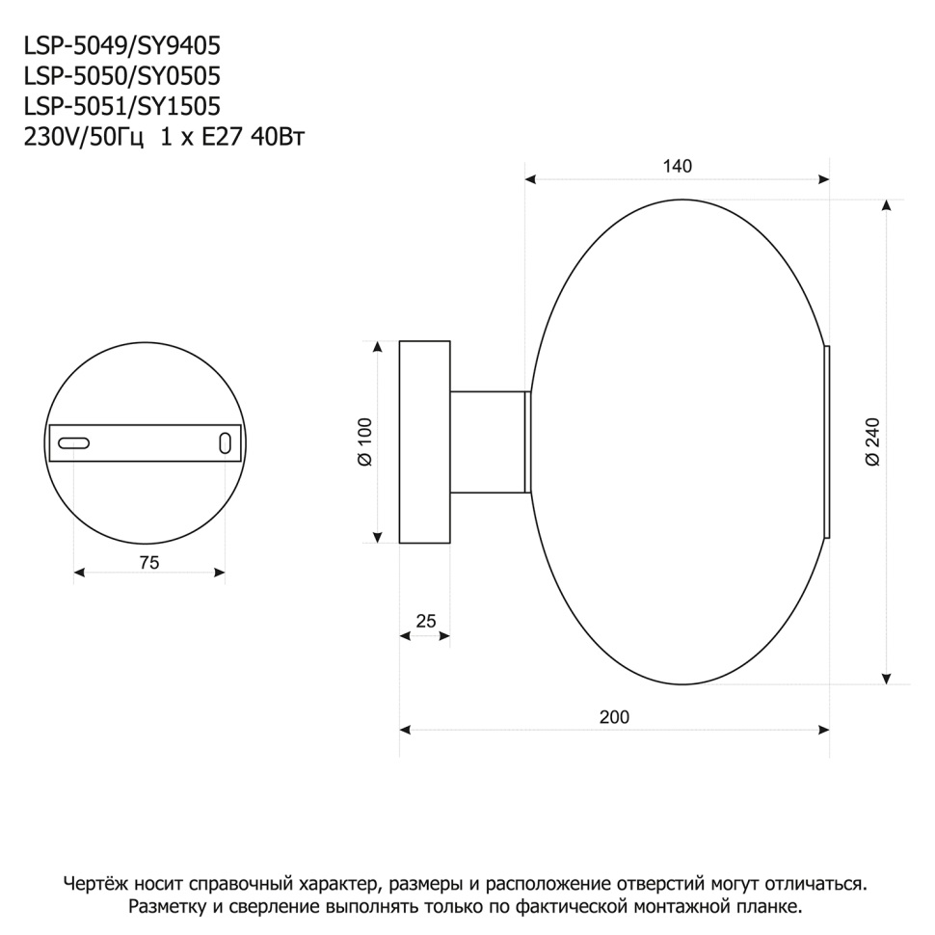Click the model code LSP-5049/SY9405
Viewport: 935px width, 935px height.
pyautogui.click(x=114, y=46)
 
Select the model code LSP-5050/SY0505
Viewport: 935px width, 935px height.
pyautogui.click(x=114, y=76)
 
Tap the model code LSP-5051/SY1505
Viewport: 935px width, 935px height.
pyautogui.click(x=114, y=106)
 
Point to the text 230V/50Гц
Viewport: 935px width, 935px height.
pyautogui.click(x=83, y=137)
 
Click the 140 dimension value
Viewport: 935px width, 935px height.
pyautogui.click(x=677, y=166)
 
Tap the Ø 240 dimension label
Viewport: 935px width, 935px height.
pyautogui.click(x=872, y=441)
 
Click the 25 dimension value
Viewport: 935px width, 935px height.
pyautogui.click(x=425, y=622)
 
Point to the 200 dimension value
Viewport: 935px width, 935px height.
pyautogui.click(x=613, y=717)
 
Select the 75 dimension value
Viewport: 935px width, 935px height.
pyautogui.click(x=148, y=563)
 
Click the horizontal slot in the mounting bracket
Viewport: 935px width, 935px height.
pyautogui.click(x=74, y=443)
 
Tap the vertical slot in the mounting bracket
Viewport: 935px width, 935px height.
pyautogui.click(x=225, y=443)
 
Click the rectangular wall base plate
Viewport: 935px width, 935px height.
pyautogui.click(x=425, y=441)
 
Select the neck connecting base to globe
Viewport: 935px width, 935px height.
pyautogui.click(x=489, y=441)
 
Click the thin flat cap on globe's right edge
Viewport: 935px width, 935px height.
pyautogui.click(x=827, y=441)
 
